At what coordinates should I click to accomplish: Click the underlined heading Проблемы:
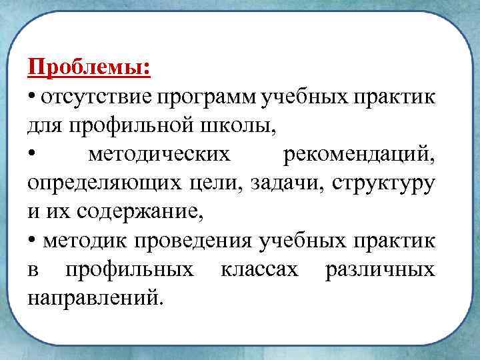coord(89,68)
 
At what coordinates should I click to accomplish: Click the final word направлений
coord(94,298)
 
